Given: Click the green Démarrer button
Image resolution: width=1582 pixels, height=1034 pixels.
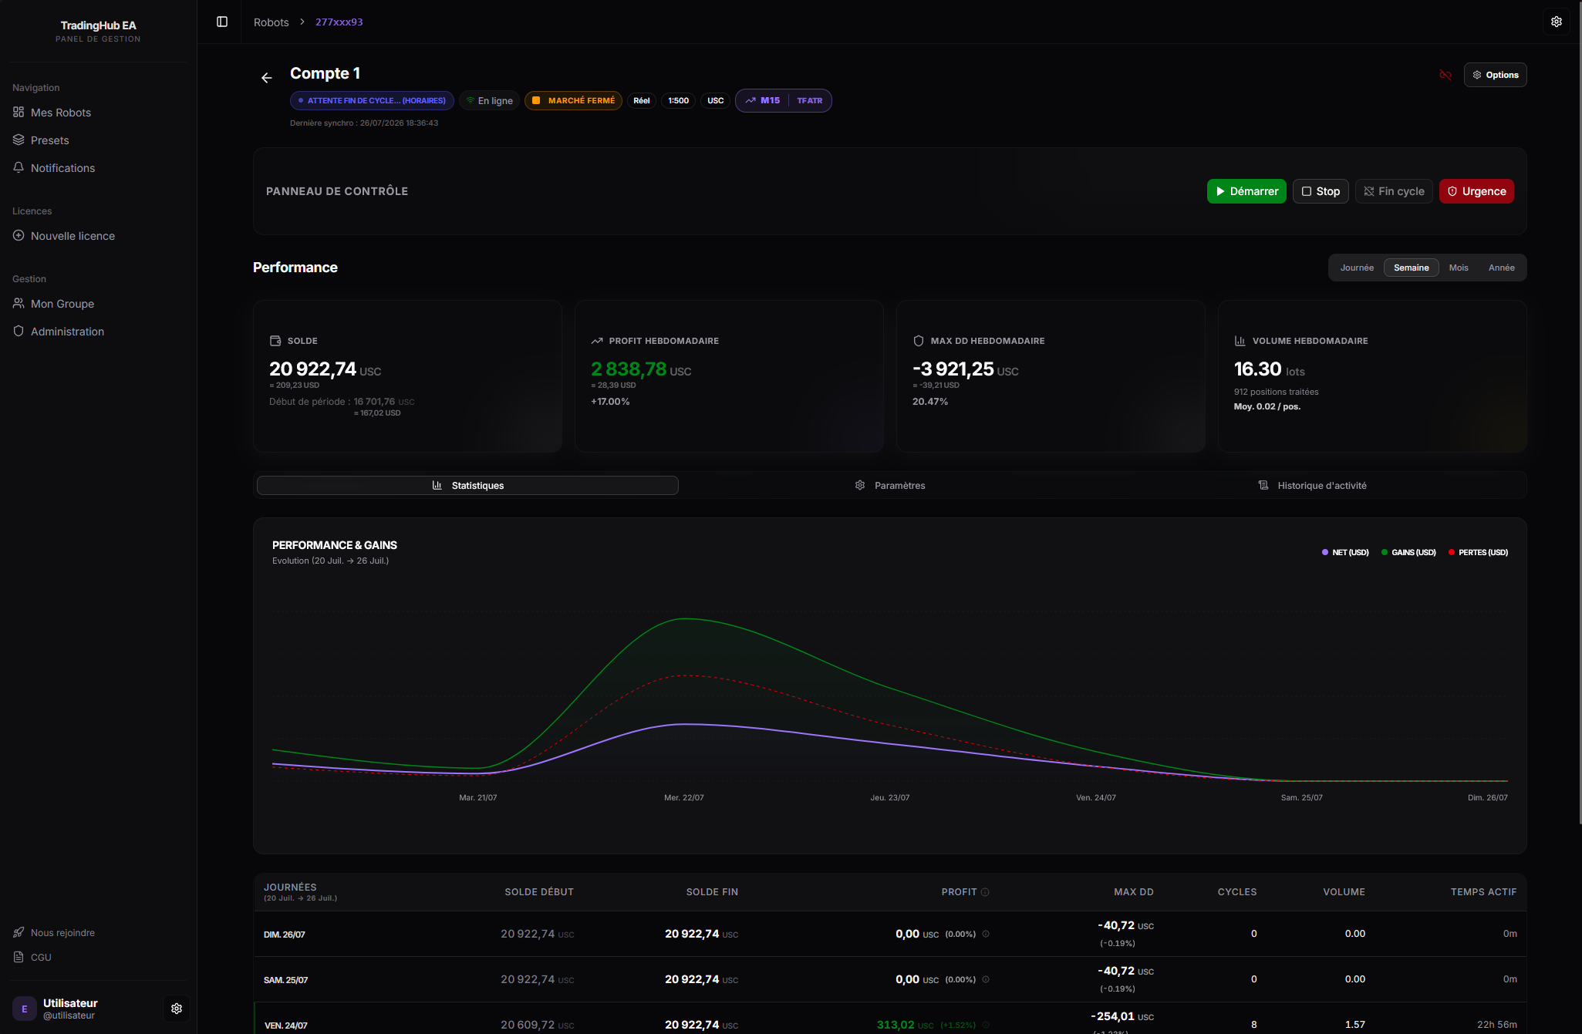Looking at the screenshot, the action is pyautogui.click(x=1246, y=191).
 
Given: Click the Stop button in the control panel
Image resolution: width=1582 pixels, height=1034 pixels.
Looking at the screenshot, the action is pyautogui.click(x=1321, y=191).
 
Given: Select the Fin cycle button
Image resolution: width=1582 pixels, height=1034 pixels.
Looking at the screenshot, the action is pyautogui.click(x=1394, y=191).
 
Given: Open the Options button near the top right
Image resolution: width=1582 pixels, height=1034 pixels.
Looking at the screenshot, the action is pyautogui.click(x=1495, y=75).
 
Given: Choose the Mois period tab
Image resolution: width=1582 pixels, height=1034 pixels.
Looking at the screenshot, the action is pyautogui.click(x=1459, y=268).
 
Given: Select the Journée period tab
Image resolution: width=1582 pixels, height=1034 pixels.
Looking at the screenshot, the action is pyautogui.click(x=1357, y=268).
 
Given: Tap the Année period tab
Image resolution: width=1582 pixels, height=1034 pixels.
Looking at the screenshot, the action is pyautogui.click(x=1502, y=268).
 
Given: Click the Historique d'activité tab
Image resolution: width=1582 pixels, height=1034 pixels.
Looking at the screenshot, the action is pyautogui.click(x=1313, y=485).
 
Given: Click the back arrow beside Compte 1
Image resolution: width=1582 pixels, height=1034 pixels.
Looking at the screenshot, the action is pyautogui.click(x=267, y=78).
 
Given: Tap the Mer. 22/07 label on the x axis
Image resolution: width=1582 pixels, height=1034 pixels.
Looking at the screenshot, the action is pyautogui.click(x=684, y=797).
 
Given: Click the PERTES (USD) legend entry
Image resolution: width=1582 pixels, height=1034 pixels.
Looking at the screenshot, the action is pyautogui.click(x=1478, y=552).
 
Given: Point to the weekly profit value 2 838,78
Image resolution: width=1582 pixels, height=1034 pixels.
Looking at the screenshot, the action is pyautogui.click(x=629, y=369).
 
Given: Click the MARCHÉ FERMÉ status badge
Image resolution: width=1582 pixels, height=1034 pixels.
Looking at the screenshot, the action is pyautogui.click(x=573, y=101).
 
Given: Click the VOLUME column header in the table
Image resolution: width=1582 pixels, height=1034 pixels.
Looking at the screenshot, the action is pyautogui.click(x=1344, y=892).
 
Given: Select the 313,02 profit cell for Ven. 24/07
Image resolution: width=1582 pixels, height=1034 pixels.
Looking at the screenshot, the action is pyautogui.click(x=895, y=1025).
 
